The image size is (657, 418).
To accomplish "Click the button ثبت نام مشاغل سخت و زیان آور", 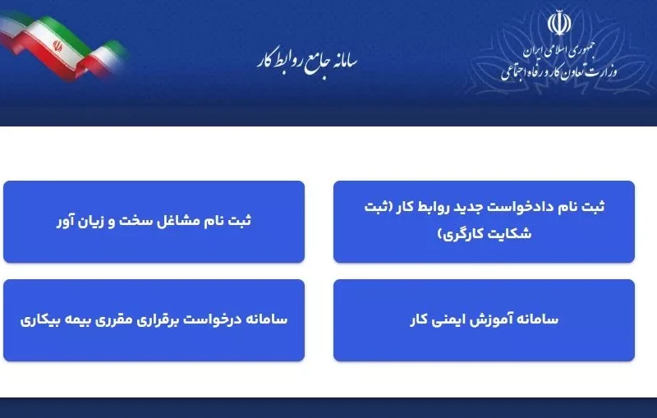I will (154, 221).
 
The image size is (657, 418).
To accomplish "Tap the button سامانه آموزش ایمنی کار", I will (484, 319).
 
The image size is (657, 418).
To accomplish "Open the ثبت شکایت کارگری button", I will (484, 221).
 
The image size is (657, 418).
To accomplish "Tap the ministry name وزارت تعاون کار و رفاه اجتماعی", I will (560, 71).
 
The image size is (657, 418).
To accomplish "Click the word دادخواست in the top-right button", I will (539, 206).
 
